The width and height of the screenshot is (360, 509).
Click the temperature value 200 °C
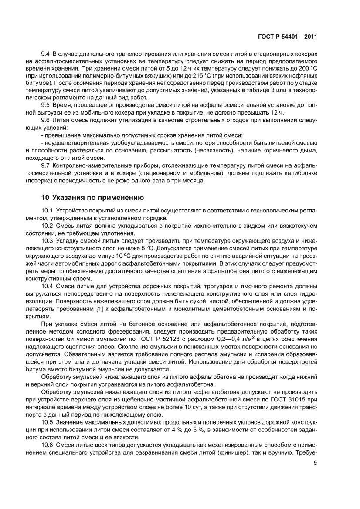[x=306, y=69]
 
